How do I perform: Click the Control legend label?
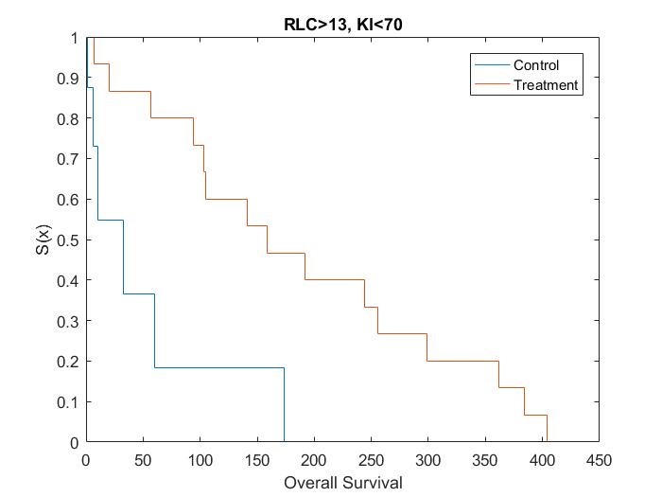pyautogui.click(x=536, y=65)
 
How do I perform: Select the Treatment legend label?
pyautogui.click(x=545, y=85)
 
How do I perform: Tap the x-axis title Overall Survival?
pyautogui.click(x=342, y=483)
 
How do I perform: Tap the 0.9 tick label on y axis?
pyautogui.click(x=68, y=79)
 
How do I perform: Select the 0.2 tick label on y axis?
pyautogui.click(x=68, y=362)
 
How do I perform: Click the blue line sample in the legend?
pyautogui.click(x=490, y=65)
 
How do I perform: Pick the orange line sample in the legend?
pyautogui.click(x=490, y=85)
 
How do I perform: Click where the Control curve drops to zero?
pyautogui.click(x=284, y=441)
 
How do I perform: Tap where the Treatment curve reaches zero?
pyautogui.click(x=547, y=441)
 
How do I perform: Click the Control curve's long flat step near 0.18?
pyautogui.click(x=218, y=367)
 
